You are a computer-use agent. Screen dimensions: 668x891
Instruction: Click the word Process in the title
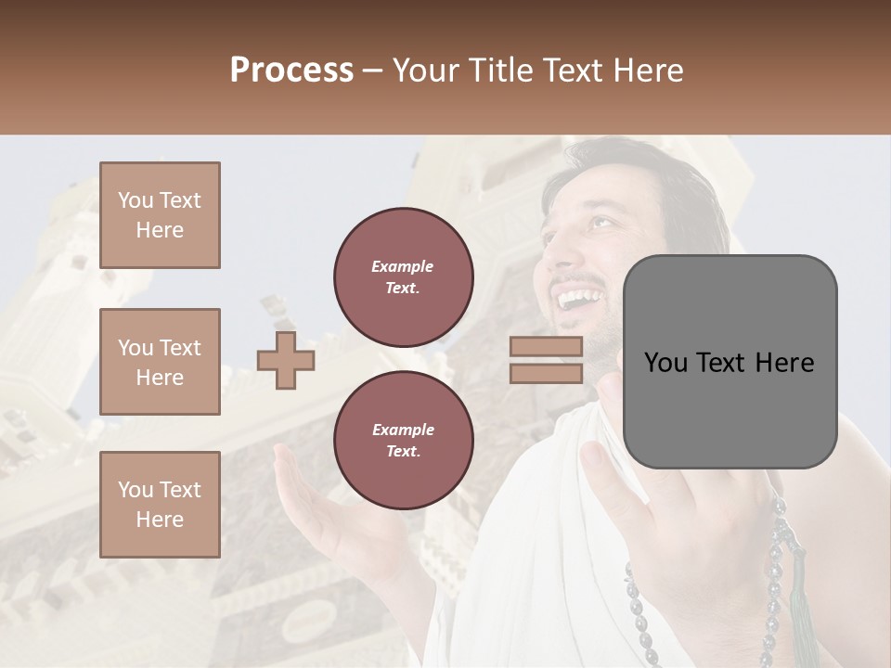pos(291,71)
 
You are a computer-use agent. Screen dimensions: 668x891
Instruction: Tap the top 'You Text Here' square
pos(160,215)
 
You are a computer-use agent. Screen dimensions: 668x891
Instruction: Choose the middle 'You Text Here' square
pos(160,362)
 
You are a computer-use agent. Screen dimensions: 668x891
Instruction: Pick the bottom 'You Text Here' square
pos(160,504)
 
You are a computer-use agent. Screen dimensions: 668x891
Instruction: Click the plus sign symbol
pos(286,360)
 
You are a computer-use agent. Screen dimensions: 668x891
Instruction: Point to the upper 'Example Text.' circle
pos(404,276)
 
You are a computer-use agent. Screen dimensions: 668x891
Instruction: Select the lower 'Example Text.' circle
pos(404,440)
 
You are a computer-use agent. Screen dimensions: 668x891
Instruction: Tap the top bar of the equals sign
pos(546,347)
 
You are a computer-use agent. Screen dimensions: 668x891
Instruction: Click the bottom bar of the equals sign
pos(546,373)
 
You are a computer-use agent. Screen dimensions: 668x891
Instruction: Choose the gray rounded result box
pos(730,362)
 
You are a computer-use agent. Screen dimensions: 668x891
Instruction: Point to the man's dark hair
pos(668,186)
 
